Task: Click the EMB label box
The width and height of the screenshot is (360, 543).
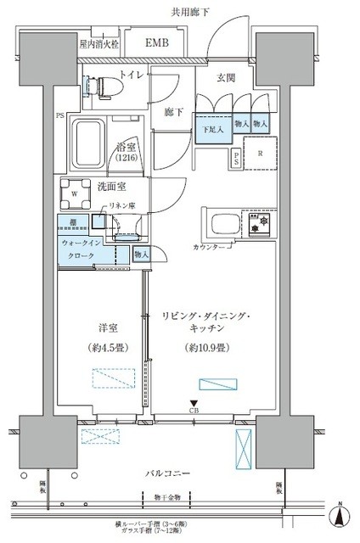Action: [155, 42]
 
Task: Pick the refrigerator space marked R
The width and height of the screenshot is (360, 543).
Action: [260, 154]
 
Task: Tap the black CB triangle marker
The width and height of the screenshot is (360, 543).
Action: [194, 405]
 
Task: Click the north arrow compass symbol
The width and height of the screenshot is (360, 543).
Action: [340, 514]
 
